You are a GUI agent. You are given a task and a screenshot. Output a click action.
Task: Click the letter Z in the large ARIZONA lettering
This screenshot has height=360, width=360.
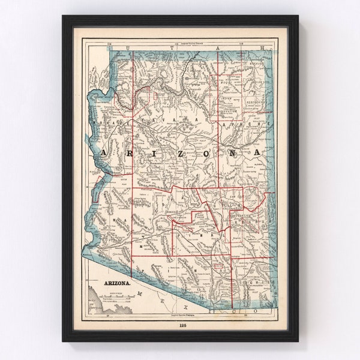pyautogui.click(x=164, y=154)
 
